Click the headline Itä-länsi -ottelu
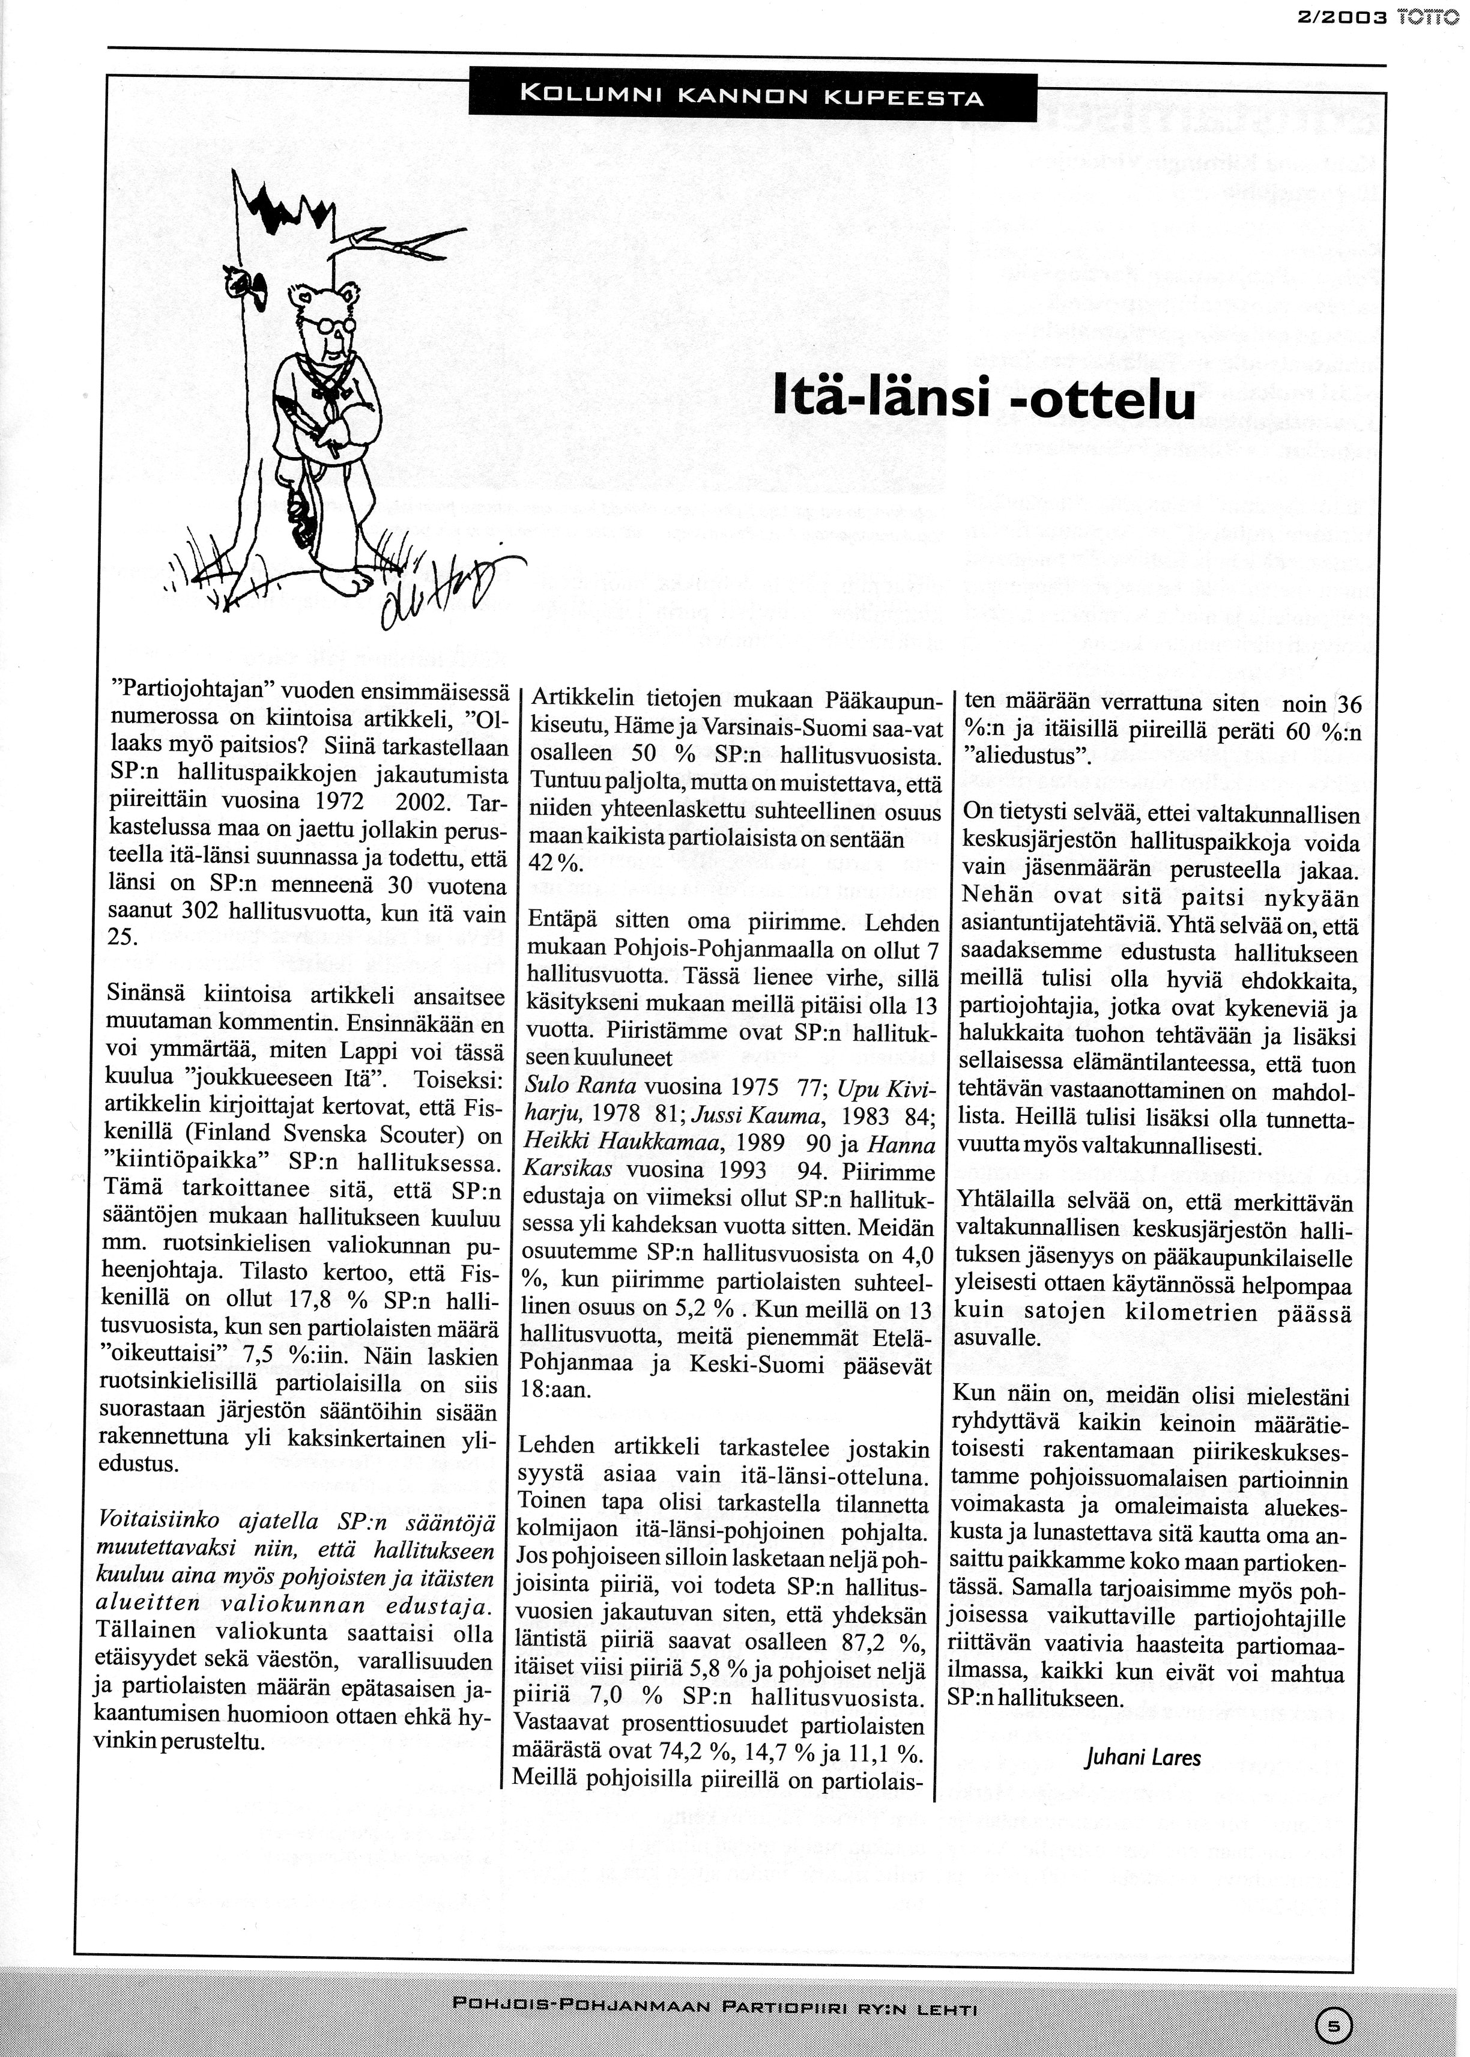coord(985,399)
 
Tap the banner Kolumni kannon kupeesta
coord(751,95)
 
